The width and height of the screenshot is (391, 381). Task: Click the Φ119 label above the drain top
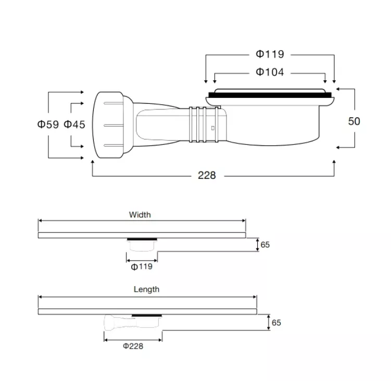pos(270,54)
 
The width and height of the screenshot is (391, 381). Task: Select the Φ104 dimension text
pos(270,72)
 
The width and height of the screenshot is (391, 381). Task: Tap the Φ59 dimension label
pos(48,124)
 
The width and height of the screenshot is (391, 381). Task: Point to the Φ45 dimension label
pos(74,124)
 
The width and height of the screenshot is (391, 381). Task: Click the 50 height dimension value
pos(354,121)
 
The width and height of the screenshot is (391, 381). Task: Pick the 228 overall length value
pos(207,175)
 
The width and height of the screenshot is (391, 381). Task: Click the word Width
pos(140,215)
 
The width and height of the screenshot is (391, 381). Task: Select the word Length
pos(146,289)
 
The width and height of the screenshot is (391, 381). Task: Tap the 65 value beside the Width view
pos(265,244)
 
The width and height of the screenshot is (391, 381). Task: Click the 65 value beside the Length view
pos(276,323)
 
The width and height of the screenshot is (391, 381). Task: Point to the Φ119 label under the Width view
pos(142,267)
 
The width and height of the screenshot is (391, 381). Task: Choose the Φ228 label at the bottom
pos(133,346)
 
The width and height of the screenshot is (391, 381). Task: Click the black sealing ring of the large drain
pos(270,95)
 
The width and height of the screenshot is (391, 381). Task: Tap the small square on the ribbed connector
pos(213,128)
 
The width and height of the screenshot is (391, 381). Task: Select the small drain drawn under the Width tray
pos(142,244)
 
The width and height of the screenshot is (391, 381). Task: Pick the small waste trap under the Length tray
pos(133,322)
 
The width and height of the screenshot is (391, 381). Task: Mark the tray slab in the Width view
pos(142,235)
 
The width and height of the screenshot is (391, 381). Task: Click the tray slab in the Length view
pos(147,312)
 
